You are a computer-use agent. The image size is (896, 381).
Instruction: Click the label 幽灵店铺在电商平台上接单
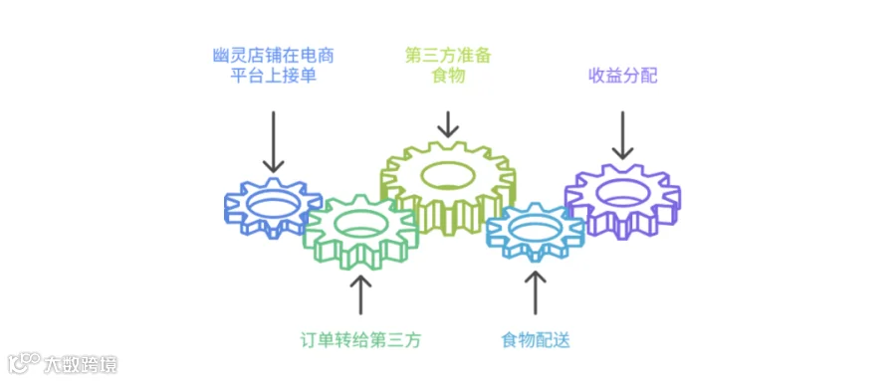(x=273, y=66)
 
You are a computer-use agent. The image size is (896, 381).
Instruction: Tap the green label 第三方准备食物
(x=448, y=66)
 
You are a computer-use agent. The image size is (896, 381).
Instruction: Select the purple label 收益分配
(x=623, y=76)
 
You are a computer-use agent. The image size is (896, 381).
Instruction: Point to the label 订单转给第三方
(x=361, y=340)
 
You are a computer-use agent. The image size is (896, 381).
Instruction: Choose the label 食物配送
(x=536, y=340)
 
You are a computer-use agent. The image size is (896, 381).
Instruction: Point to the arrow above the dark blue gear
(x=273, y=141)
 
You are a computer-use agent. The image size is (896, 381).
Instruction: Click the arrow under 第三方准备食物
(x=448, y=124)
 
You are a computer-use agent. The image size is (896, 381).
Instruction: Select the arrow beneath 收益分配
(x=623, y=135)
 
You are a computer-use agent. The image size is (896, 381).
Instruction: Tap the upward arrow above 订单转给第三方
(x=361, y=294)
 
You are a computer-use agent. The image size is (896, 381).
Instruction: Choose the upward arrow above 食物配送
(x=536, y=291)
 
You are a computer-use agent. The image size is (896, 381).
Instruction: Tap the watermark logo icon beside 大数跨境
(x=24, y=362)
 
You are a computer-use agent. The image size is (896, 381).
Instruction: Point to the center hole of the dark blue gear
(x=273, y=203)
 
